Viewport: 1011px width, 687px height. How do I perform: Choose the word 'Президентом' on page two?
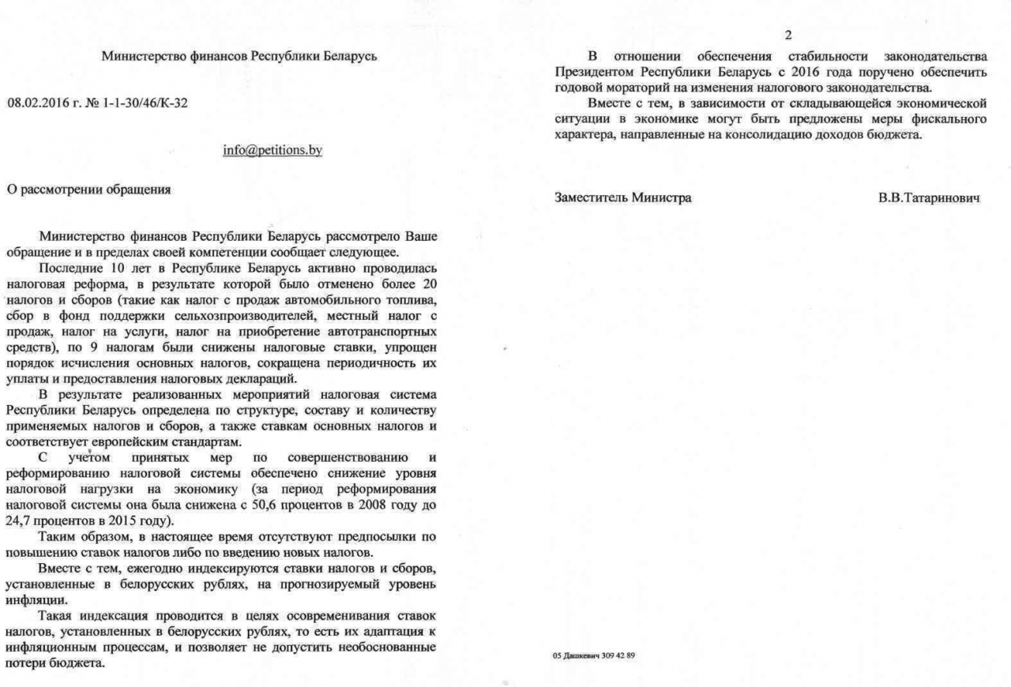point(588,72)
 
